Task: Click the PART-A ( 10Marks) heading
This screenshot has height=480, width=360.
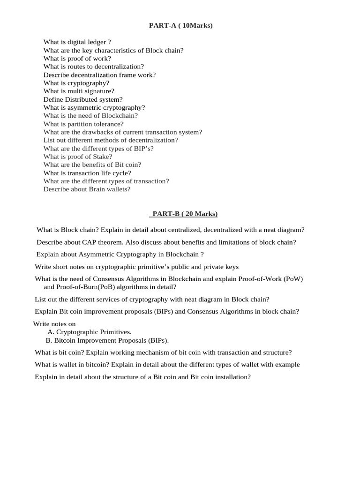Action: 180,25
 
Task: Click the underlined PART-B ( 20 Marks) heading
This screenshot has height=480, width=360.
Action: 183,214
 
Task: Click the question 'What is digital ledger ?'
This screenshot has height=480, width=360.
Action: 77,42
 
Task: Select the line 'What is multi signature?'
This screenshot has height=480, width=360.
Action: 79,91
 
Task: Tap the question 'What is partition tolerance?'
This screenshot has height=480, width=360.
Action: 83,124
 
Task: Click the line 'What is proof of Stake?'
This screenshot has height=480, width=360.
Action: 78,157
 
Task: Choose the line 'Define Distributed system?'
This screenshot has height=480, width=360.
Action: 83,99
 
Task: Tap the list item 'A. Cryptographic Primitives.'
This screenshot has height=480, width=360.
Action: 90,332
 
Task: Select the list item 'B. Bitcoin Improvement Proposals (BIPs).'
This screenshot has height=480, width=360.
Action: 107,340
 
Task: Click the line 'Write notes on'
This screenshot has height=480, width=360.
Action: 54,324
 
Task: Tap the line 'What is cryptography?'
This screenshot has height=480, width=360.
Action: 76,83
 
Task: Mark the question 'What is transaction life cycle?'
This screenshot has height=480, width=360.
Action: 87,173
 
